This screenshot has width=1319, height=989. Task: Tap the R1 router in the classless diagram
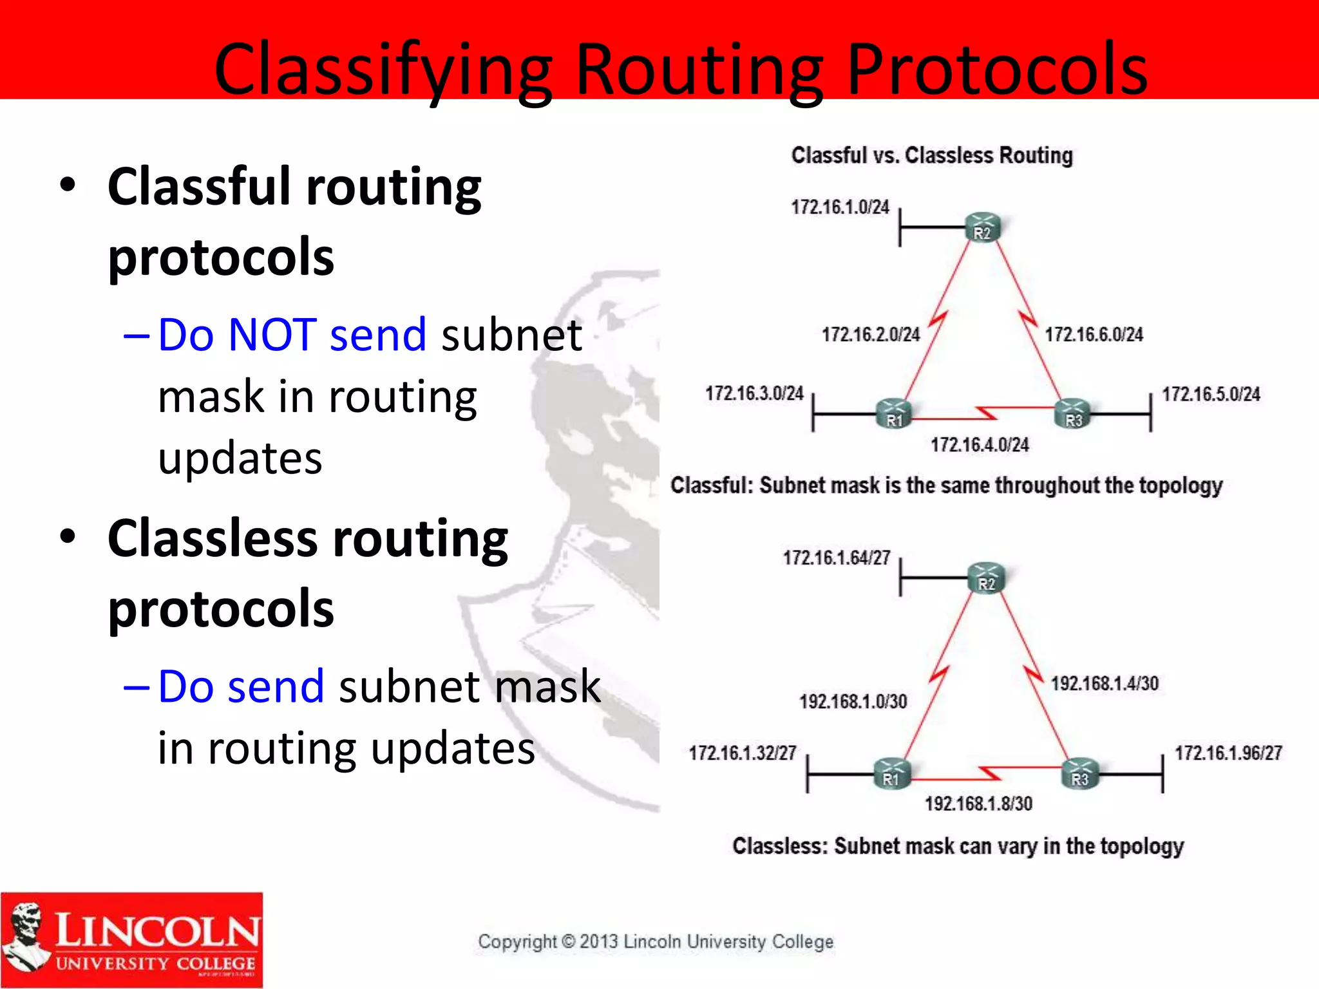[892, 773]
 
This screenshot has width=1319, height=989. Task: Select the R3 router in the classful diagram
[1072, 414]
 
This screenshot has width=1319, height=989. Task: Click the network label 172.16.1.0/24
[840, 207]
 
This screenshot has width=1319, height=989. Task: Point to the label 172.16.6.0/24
[1094, 335]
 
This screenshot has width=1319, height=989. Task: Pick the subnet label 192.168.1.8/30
[978, 804]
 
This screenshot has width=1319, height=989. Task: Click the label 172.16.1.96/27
[1228, 753]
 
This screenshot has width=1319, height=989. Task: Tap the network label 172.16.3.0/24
[754, 393]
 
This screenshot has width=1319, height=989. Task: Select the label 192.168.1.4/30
[1105, 683]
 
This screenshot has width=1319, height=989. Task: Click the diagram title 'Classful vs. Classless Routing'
[932, 155]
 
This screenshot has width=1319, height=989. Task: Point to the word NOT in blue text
[272, 335]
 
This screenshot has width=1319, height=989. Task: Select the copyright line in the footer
[656, 941]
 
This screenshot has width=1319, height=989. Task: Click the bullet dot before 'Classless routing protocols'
[68, 536]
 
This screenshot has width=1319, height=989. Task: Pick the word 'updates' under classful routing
[240, 458]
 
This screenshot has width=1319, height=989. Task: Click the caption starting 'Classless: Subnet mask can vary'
[958, 846]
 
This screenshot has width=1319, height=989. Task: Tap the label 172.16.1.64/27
[836, 558]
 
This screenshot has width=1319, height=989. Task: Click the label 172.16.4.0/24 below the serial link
[980, 445]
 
